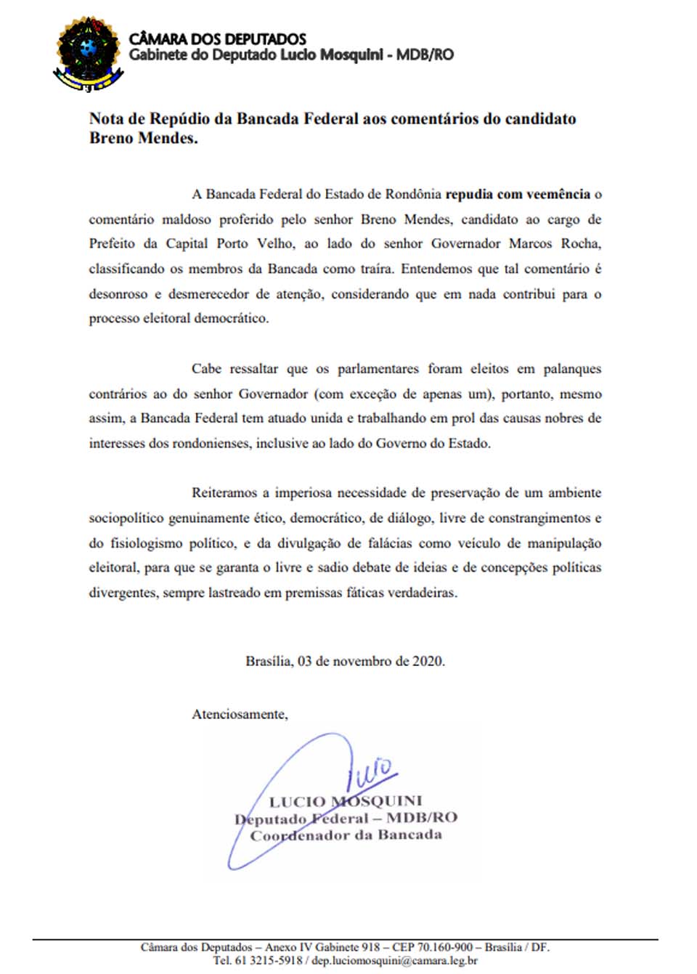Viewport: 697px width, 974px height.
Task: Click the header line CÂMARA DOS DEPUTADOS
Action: (217, 39)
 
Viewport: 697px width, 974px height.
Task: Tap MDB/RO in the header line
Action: (425, 55)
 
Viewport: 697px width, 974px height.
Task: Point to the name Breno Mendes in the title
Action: (143, 138)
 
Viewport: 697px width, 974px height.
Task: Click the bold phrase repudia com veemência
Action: (517, 195)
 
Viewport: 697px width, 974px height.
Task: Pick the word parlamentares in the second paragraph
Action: (378, 369)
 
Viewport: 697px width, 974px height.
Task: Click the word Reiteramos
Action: (223, 493)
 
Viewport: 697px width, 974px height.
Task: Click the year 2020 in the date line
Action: (428, 662)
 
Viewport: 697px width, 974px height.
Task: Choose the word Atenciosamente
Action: (240, 715)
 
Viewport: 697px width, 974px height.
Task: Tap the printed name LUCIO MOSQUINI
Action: (346, 801)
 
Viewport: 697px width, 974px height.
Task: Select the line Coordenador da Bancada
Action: (346, 835)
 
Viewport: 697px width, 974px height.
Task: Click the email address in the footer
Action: (394, 960)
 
